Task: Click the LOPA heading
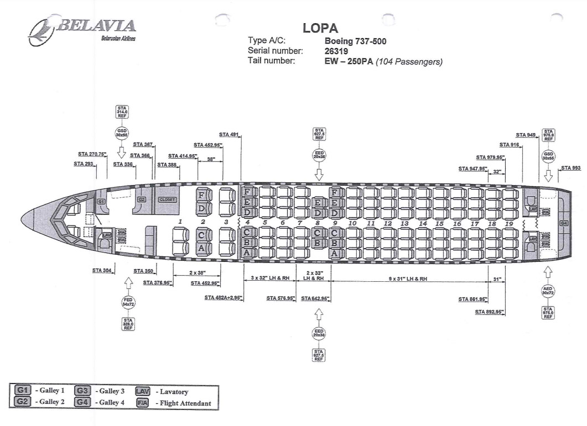pos(320,28)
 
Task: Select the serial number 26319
pos(336,51)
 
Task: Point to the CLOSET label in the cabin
pos(167,199)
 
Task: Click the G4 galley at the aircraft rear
pos(564,223)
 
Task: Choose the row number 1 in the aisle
pos(180,222)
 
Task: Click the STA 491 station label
pos(229,134)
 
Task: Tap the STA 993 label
pos(571,168)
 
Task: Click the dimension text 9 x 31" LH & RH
pos(408,278)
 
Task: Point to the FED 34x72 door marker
pos(128,302)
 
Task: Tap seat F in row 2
pos(202,195)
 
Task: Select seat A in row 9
pos(334,253)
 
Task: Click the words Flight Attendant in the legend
pos(185,403)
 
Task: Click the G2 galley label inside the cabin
pos(142,199)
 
